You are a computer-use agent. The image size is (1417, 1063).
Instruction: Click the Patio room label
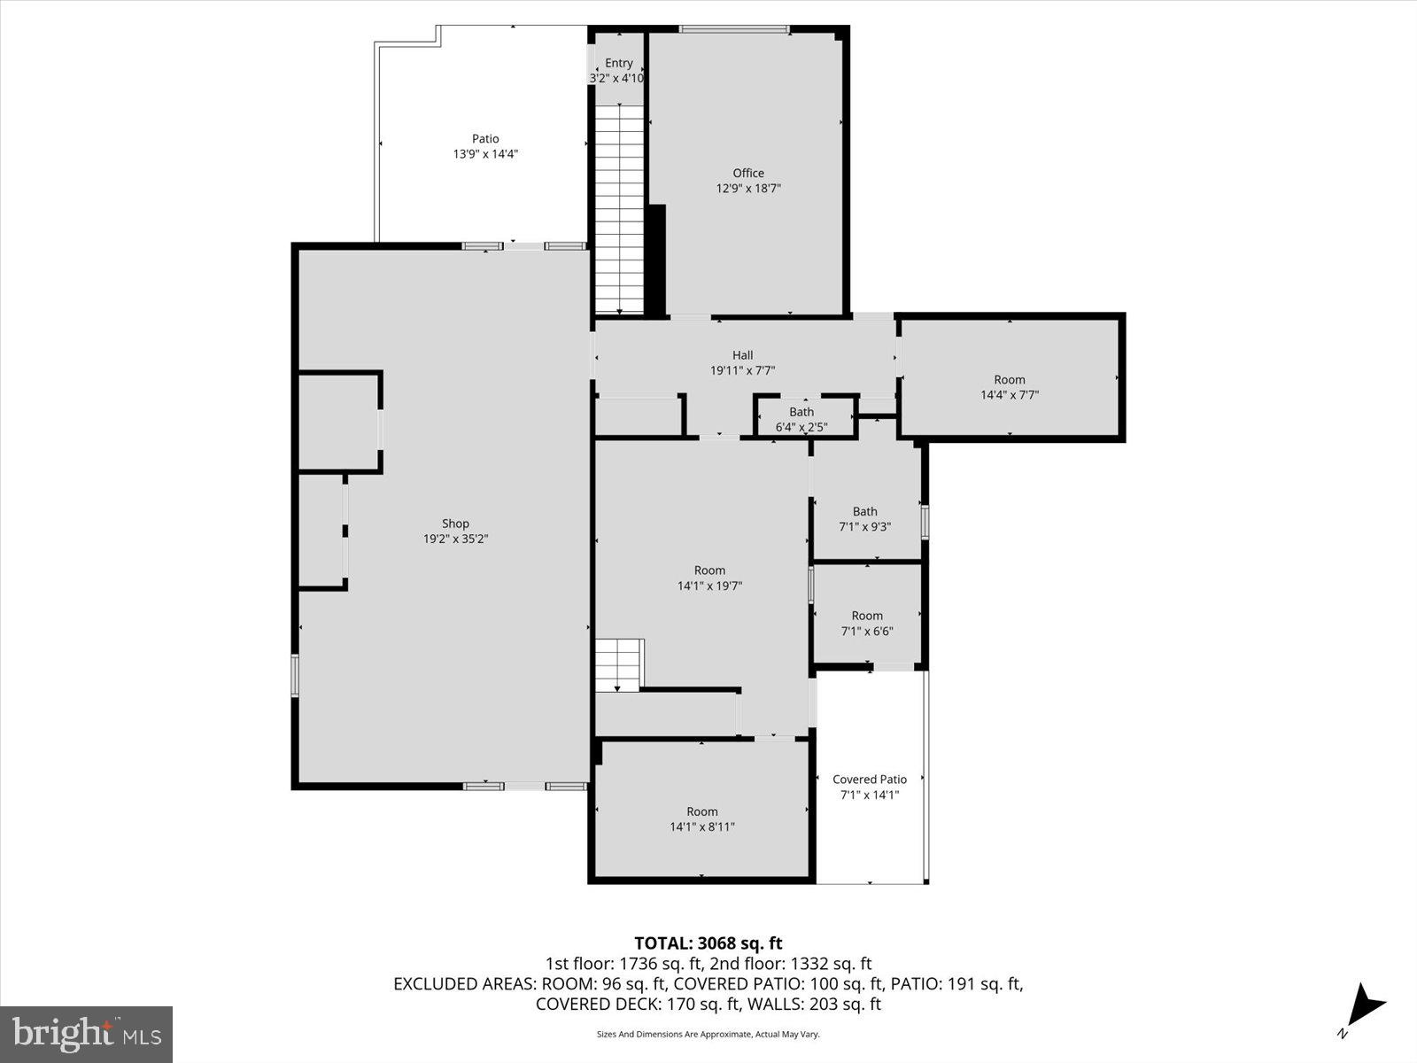coord(484,139)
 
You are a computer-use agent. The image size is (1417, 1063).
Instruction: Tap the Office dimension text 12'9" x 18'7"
coord(748,189)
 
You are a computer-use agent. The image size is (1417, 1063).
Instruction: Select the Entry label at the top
coord(619,63)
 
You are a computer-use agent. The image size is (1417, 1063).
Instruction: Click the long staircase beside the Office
coord(619,209)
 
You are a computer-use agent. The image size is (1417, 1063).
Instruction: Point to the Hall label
coord(742,355)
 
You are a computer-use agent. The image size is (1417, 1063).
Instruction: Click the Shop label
coord(455,524)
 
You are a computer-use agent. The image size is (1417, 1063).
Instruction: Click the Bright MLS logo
coord(87,1034)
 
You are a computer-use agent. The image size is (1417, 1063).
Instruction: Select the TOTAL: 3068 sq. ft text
coord(708,943)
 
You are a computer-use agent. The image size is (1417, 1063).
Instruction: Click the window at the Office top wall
coord(734,29)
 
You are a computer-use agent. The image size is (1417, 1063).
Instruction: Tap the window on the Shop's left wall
coord(296,675)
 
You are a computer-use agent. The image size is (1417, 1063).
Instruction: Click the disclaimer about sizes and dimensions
coord(708,1034)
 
